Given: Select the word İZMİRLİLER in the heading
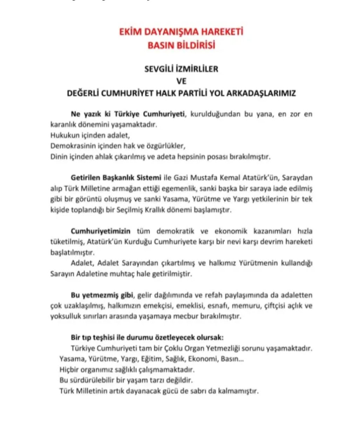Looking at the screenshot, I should click(x=196, y=69).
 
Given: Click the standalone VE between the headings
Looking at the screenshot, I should click(x=181, y=81).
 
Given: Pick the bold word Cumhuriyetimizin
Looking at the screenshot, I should click(x=101, y=231).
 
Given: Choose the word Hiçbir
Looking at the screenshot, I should click(x=69, y=369).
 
